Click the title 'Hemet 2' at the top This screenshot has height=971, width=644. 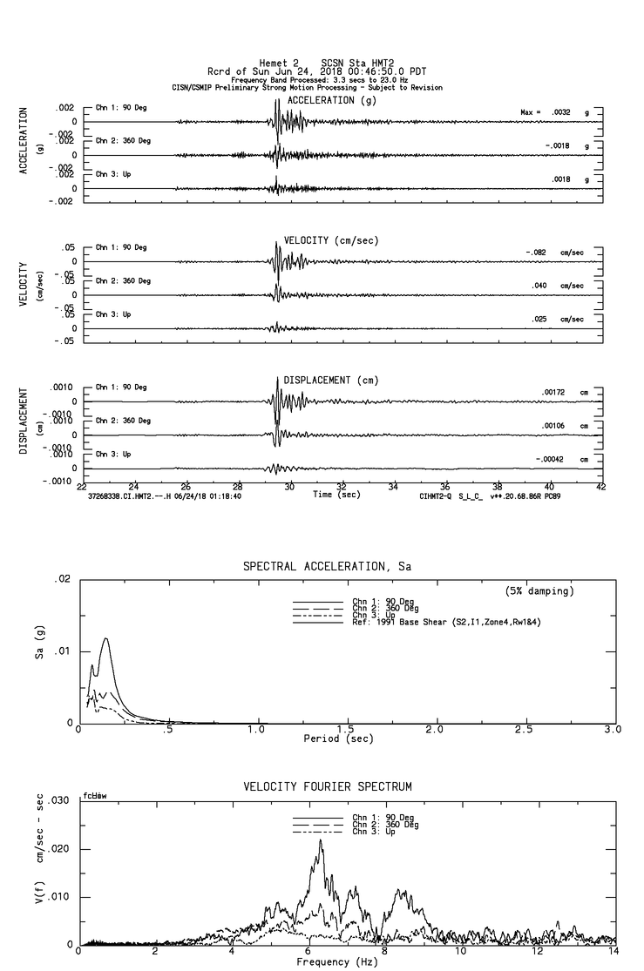(279, 63)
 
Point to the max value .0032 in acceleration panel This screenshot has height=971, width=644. (562, 112)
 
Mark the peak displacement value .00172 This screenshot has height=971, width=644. (555, 393)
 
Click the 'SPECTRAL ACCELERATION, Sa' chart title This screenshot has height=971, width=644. (327, 567)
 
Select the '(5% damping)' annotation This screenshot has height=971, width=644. (539, 591)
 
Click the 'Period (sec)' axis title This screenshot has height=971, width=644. (339, 738)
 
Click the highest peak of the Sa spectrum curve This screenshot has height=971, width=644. (106, 638)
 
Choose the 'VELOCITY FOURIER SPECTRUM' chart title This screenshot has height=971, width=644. (327, 787)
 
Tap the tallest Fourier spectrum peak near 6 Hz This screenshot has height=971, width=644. (320, 840)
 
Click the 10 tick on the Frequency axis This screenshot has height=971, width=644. (464, 951)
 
